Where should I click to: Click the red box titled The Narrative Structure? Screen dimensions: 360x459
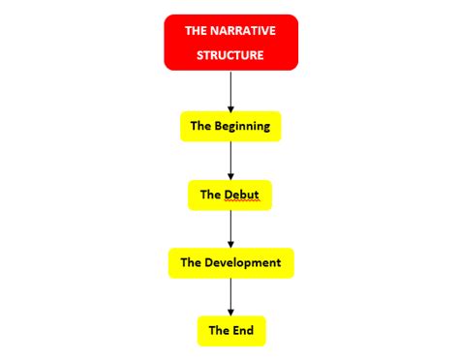tap(230, 43)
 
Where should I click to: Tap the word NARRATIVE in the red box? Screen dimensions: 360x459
tap(242, 32)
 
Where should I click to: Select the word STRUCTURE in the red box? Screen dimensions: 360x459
tap(230, 54)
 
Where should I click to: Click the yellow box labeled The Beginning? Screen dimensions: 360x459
tap(230, 126)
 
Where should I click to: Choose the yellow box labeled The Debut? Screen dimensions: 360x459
tap(230, 195)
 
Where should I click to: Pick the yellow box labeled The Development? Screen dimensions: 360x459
tap(230, 262)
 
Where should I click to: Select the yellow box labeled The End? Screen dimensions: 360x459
tap(230, 330)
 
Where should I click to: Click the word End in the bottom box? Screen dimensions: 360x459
tap(242, 330)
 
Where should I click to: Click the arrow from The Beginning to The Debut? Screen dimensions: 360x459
tap(230, 160)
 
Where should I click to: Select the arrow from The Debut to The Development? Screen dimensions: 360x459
tap(230, 228)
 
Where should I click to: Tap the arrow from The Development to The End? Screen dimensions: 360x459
tap(230, 296)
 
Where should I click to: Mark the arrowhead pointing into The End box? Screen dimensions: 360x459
tap(230, 312)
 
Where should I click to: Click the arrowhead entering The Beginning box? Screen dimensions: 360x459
tap(230, 107)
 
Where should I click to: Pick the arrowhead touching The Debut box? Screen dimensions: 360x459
tap(230, 176)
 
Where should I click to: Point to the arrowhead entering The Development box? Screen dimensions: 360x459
tap(230, 244)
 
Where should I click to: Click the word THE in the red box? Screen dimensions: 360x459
tap(196, 32)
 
